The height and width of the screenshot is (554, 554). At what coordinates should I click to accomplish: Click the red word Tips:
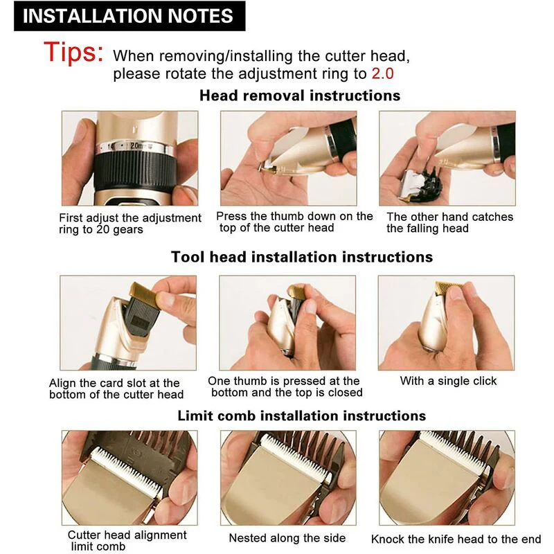click(73, 53)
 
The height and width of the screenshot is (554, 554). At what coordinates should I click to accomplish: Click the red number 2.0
click(383, 74)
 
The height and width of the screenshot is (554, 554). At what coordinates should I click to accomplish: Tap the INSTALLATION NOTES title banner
click(129, 16)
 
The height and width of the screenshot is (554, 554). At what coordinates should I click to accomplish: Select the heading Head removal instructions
click(300, 96)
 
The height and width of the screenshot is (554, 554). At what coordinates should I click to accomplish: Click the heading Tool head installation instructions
click(302, 257)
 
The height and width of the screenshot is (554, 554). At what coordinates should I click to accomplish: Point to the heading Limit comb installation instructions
click(302, 415)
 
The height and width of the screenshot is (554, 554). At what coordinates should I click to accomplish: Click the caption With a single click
click(448, 381)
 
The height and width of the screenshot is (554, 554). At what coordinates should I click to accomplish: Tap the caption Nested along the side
click(287, 538)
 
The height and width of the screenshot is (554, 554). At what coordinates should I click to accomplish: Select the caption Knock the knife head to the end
click(456, 539)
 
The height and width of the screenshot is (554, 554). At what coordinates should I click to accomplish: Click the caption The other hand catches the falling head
click(449, 222)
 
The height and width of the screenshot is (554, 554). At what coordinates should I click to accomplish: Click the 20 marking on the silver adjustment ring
click(135, 145)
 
